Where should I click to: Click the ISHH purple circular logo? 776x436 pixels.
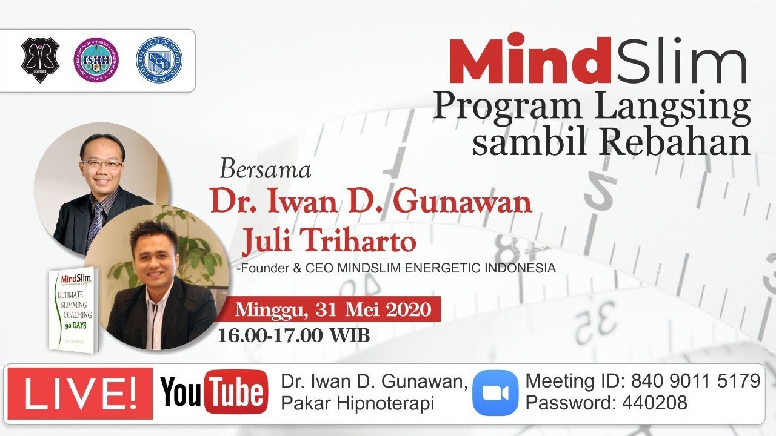[96, 61]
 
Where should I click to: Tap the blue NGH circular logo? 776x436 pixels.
[159, 61]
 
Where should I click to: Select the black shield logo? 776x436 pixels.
[40, 61]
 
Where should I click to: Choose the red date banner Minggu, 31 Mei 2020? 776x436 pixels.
[333, 310]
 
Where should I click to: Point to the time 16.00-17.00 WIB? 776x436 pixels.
[294, 335]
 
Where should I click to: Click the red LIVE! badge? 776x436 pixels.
[80, 393]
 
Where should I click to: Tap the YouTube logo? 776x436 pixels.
[213, 393]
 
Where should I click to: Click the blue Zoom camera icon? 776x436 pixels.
[495, 393]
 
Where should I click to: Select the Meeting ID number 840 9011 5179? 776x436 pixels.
[695, 381]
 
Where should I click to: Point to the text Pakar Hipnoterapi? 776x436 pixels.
[357, 403]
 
